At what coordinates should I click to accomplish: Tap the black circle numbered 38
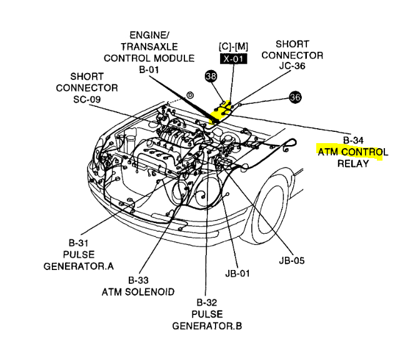211,76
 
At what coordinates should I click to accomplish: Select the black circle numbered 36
295,97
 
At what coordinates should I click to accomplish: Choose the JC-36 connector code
292,67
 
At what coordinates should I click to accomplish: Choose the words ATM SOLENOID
137,292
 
